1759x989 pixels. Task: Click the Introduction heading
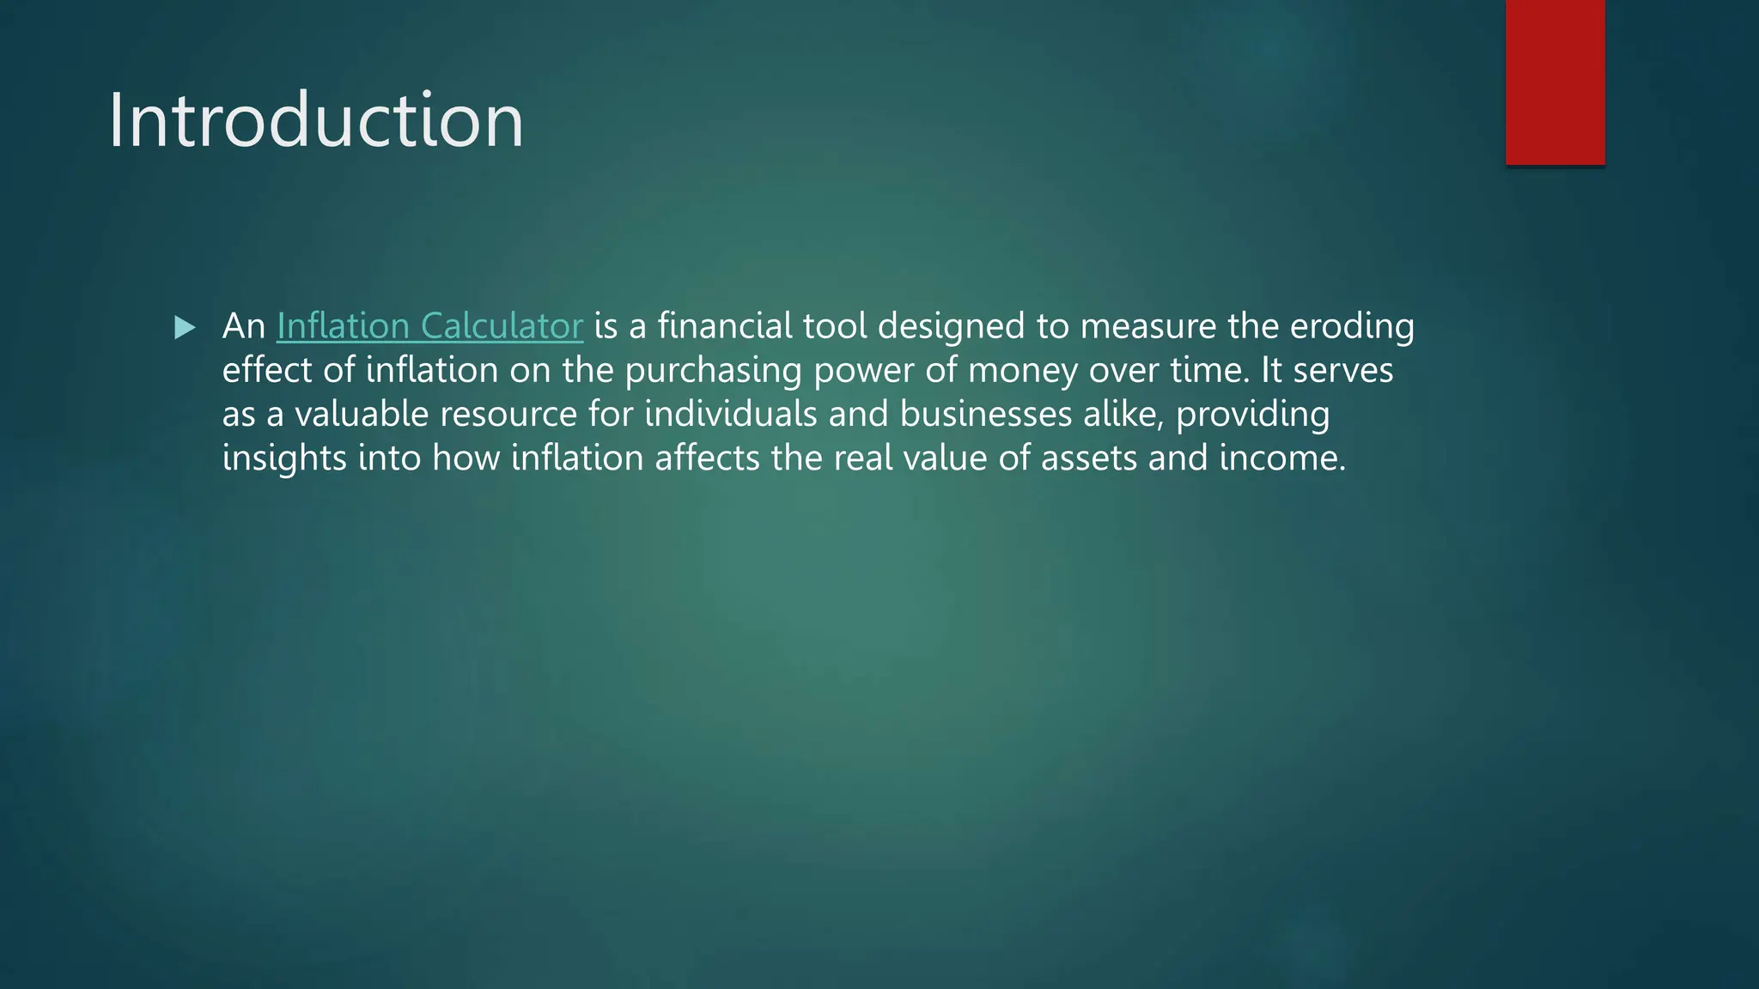315,120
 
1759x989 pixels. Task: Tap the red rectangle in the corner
1555,82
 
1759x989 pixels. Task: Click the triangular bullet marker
185,327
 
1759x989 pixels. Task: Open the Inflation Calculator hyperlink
429,326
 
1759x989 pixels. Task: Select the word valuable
362,415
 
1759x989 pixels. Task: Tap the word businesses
986,415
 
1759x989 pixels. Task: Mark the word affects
707,458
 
